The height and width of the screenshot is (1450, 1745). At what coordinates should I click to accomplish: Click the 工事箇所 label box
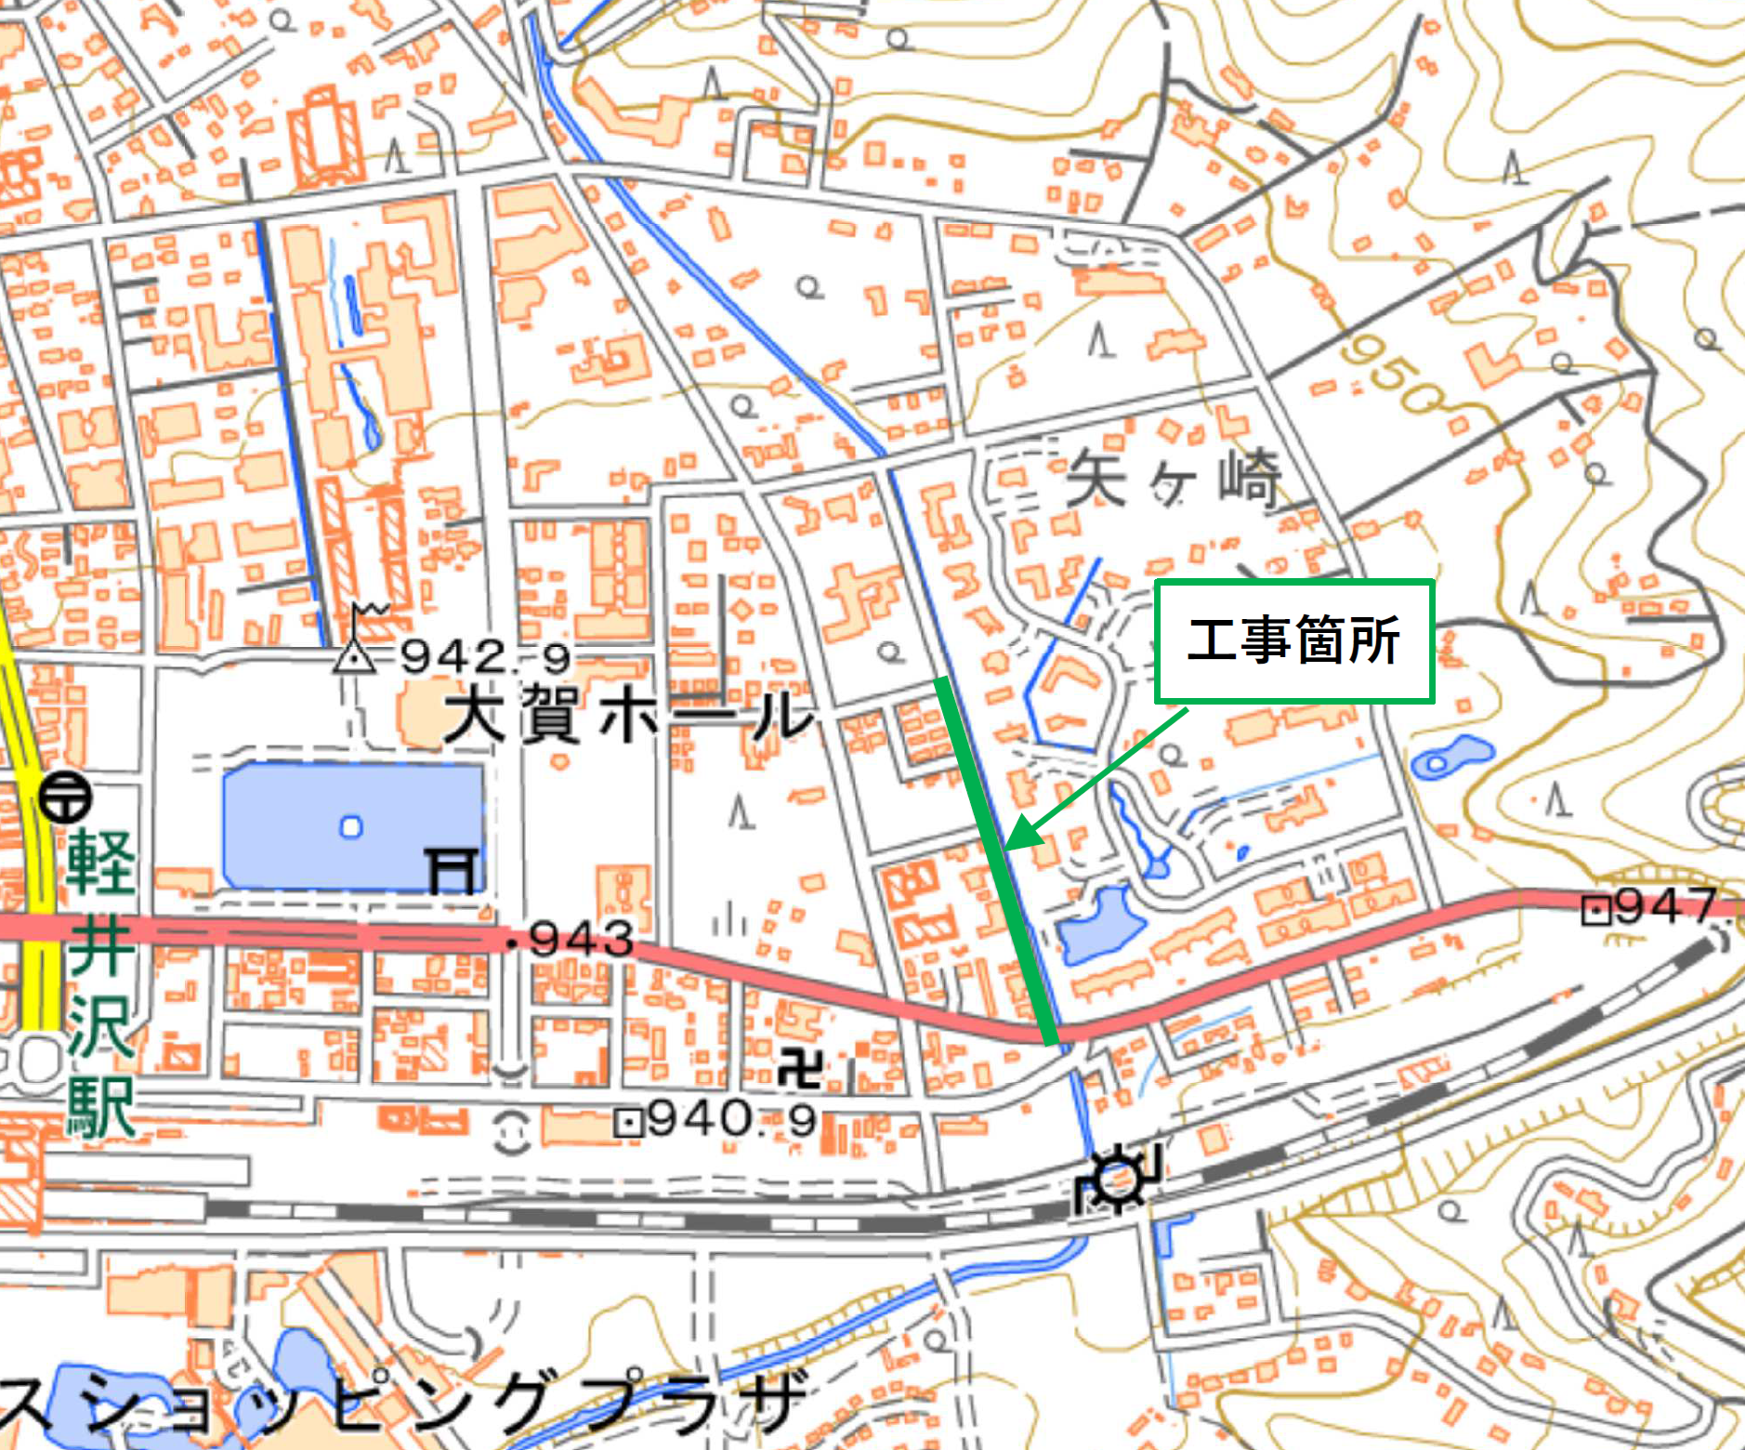[1293, 640]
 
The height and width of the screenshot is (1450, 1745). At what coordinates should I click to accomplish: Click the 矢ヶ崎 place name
[1173, 481]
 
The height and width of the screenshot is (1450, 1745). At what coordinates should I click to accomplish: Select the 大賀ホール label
[627, 717]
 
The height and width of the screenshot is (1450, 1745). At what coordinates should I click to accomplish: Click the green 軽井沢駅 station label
[100, 981]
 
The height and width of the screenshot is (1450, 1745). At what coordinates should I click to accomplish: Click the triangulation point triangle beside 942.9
[355, 656]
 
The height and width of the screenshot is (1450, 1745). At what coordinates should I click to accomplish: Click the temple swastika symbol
[800, 1068]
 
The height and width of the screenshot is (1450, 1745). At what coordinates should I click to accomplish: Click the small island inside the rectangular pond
[350, 826]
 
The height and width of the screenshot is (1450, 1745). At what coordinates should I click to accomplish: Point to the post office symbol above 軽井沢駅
[65, 797]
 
